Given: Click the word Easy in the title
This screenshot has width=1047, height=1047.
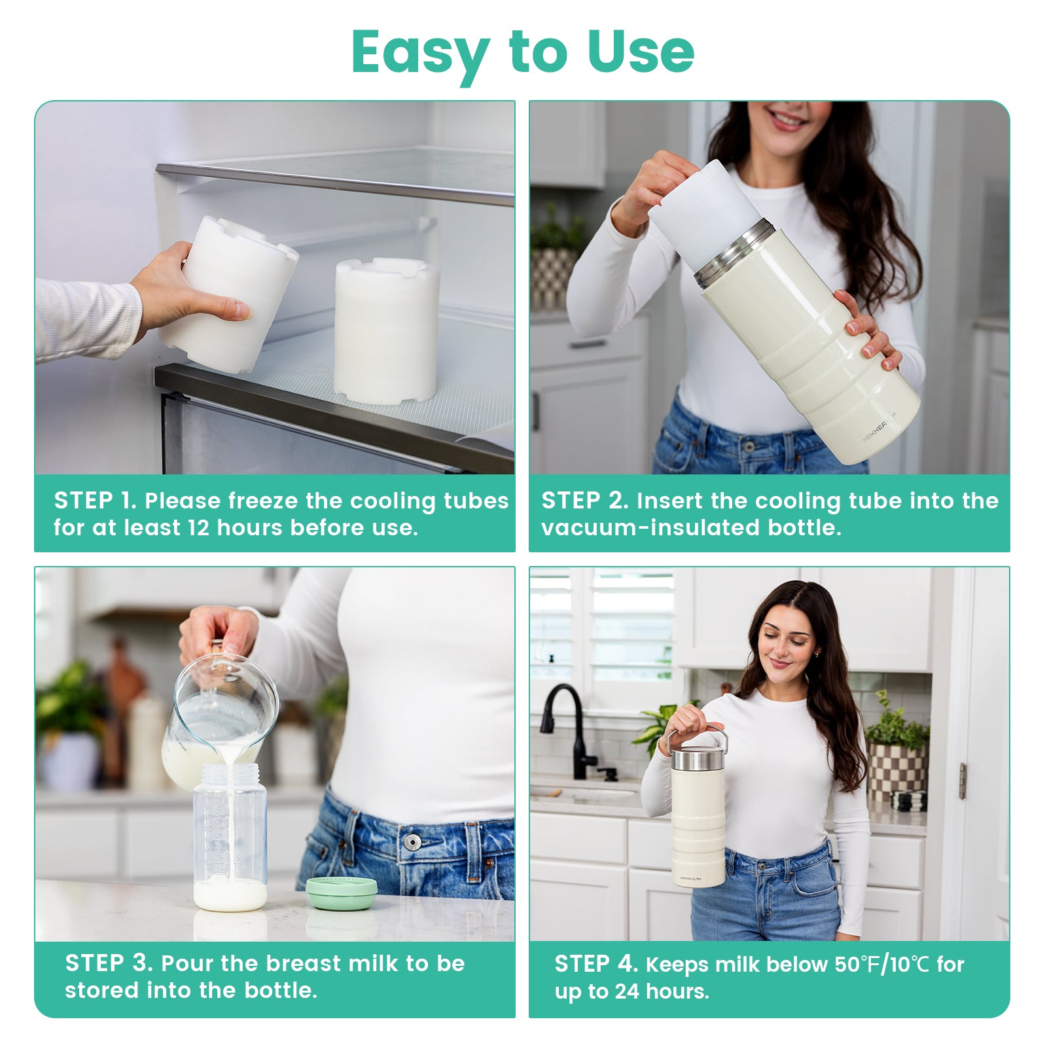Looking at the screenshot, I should click(x=420, y=52).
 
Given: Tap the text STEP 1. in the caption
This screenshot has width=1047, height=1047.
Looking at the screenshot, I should click(x=96, y=501).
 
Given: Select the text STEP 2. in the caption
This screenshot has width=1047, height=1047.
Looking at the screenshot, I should click(x=584, y=501).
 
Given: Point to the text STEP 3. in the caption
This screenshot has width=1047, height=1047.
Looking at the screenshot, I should click(x=109, y=963).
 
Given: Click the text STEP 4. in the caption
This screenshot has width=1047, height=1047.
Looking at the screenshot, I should click(x=596, y=964).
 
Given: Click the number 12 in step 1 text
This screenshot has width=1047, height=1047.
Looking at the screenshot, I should click(x=198, y=527).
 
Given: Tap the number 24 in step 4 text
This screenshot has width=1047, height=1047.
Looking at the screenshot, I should click(x=626, y=991).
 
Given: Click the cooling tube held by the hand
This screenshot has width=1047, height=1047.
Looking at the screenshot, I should click(x=229, y=294).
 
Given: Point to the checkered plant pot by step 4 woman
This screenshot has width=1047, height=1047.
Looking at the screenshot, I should click(x=896, y=772).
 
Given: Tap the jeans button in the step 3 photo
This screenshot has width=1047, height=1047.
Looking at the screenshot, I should click(x=412, y=842).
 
